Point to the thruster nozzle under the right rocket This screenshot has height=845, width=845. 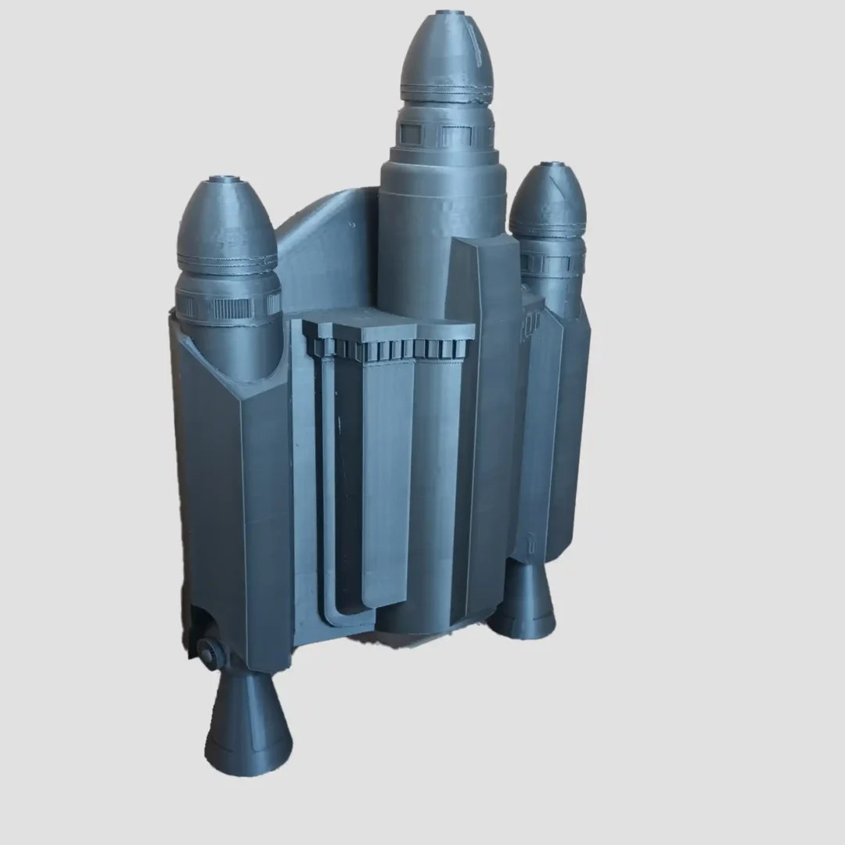click(523, 599)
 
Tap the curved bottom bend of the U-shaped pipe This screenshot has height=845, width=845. click(345, 614)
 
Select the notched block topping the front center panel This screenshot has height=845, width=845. click(389, 336)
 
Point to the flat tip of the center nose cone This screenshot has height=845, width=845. click(449, 13)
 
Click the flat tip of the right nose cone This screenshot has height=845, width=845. click(552, 164)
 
